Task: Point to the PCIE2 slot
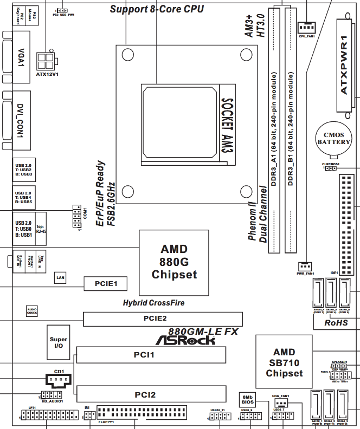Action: (x=155, y=319)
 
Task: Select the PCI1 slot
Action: (x=151, y=355)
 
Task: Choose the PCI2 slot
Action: (x=151, y=394)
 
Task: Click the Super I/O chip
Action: (x=59, y=343)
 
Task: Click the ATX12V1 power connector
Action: (x=46, y=59)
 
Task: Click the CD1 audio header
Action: (x=56, y=381)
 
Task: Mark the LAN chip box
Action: (x=61, y=278)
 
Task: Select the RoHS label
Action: (x=336, y=323)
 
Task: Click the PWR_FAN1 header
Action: (x=306, y=266)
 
